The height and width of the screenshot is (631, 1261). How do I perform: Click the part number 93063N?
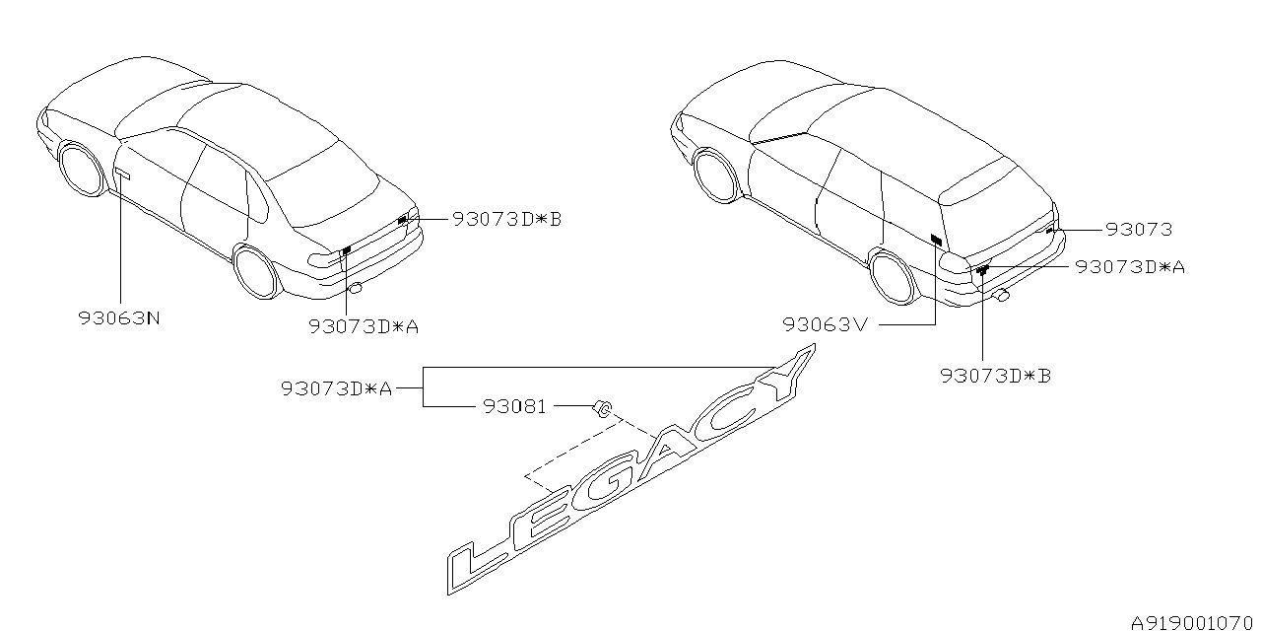(x=119, y=318)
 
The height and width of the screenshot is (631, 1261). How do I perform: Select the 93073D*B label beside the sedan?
(x=507, y=219)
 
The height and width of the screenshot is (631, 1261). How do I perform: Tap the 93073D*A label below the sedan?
(x=364, y=326)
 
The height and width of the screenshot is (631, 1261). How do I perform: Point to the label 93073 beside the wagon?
(x=1139, y=230)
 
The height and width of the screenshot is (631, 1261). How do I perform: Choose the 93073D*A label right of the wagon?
(x=1130, y=266)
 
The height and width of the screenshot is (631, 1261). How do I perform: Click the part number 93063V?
(x=826, y=324)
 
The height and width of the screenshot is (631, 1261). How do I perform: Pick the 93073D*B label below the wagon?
(x=996, y=376)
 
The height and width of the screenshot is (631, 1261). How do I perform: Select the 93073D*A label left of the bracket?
(x=336, y=388)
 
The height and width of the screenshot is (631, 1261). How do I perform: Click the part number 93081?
(x=514, y=407)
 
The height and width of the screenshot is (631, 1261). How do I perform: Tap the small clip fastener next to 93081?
(x=602, y=408)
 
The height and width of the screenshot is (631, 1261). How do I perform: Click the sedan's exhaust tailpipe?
(x=356, y=289)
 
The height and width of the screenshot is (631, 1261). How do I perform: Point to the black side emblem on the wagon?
(x=936, y=240)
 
